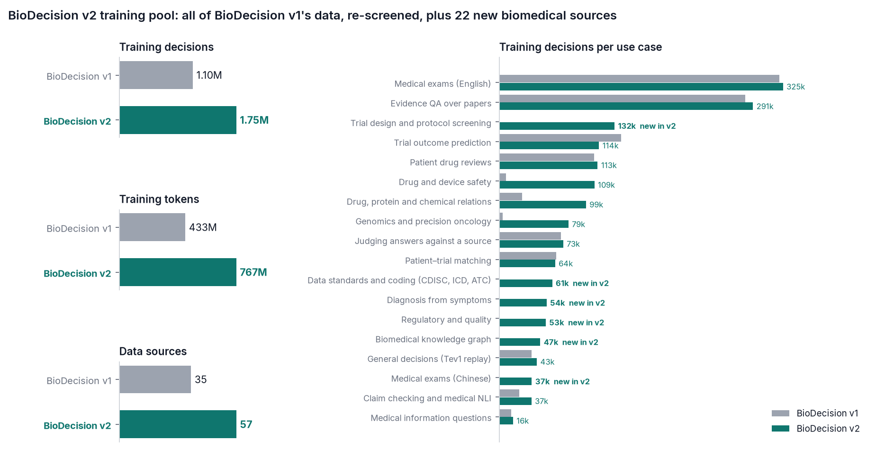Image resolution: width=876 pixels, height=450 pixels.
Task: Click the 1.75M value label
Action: tap(254, 120)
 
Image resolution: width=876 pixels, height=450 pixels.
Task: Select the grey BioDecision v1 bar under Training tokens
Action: tap(153, 227)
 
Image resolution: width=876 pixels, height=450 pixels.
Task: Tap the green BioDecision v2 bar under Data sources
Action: tap(178, 424)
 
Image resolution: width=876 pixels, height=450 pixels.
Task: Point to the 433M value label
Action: tap(203, 227)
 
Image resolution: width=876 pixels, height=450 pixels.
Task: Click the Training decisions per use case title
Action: tap(580, 47)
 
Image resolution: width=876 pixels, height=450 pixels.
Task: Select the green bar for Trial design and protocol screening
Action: tap(557, 126)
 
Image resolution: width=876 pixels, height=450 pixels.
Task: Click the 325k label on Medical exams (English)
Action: tap(795, 87)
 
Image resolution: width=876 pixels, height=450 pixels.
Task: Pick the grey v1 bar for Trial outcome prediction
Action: tap(560, 138)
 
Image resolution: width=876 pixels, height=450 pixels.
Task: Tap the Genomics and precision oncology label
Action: tap(423, 222)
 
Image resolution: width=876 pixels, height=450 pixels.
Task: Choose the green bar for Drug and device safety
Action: tap(547, 185)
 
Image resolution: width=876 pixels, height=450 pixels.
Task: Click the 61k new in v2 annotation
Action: tap(582, 283)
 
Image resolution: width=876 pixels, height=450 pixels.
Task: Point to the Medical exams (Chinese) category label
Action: tap(441, 379)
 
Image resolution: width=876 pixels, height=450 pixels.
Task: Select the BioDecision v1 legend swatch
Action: tap(780, 414)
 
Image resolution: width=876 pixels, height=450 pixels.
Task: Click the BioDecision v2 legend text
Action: tap(828, 429)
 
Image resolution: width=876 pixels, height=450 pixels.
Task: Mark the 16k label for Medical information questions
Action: tap(523, 421)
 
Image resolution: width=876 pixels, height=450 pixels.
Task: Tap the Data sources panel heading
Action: tap(153, 351)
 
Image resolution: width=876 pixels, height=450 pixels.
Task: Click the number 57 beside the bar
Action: tap(246, 424)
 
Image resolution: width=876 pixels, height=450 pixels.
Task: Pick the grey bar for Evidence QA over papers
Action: tap(623, 99)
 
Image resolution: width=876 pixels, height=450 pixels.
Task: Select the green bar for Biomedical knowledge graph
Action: tap(520, 342)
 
